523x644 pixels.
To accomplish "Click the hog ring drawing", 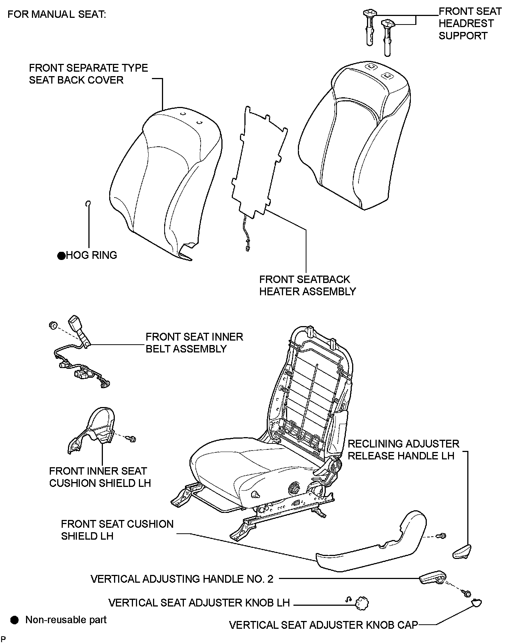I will pyautogui.click(x=88, y=203).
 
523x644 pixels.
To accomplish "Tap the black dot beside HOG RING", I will pyautogui.click(x=61, y=256).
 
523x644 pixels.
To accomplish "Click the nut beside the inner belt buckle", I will pyautogui.click(x=52, y=326).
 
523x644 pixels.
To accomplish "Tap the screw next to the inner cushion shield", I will pyautogui.click(x=131, y=439).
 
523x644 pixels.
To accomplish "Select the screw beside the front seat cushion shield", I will pyautogui.click(x=442, y=536).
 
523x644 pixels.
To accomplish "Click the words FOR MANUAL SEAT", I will pyautogui.click(x=57, y=14).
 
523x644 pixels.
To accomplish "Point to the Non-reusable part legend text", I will pyautogui.click(x=66, y=619).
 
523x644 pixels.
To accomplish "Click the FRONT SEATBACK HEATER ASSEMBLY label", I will pyautogui.click(x=307, y=285).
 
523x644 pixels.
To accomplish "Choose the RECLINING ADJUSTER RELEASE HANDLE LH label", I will pyautogui.click(x=403, y=450).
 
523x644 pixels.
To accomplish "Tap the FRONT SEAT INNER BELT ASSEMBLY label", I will pyautogui.click(x=194, y=342).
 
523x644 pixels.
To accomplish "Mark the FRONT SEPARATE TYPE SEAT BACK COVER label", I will pyautogui.click(x=88, y=74).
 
